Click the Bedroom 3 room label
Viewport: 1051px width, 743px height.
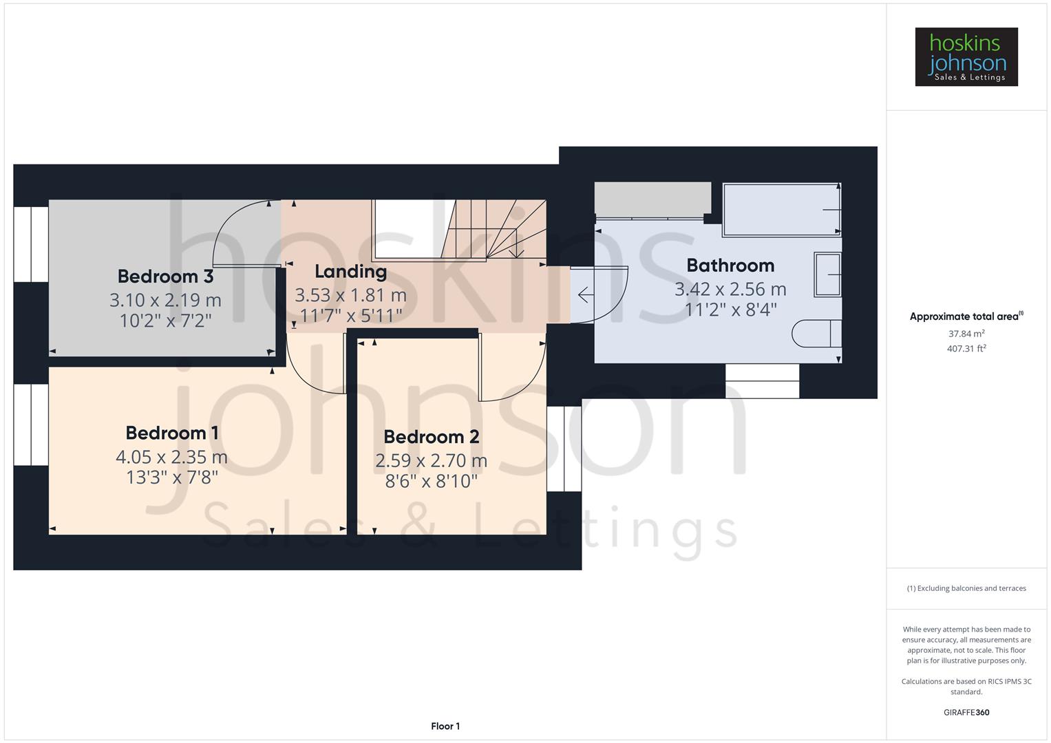(x=165, y=277)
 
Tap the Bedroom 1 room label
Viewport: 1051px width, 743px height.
(x=172, y=433)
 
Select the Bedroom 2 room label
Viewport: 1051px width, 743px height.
(x=432, y=437)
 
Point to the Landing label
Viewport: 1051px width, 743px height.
(x=350, y=272)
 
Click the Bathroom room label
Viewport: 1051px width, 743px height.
(x=730, y=266)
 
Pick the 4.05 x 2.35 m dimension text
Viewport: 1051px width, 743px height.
(x=171, y=457)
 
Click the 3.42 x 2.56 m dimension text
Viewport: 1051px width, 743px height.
(x=730, y=289)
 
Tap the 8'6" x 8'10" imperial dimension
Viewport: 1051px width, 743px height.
(x=432, y=481)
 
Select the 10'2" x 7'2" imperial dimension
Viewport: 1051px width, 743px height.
(x=165, y=321)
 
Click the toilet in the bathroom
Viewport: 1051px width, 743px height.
(x=816, y=334)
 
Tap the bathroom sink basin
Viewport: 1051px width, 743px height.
(x=827, y=274)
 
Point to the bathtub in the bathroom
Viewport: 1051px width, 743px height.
(x=781, y=209)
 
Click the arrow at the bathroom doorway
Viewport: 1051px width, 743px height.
(x=585, y=295)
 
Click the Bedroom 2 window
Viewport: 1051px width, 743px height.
(x=564, y=449)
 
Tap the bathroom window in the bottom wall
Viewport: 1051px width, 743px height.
(x=762, y=380)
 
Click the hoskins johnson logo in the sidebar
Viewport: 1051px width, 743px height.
(x=966, y=57)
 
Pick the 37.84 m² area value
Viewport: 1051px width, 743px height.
(x=966, y=334)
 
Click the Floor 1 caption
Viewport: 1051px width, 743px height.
(x=445, y=726)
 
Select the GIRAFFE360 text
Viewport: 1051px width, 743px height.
(x=966, y=713)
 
